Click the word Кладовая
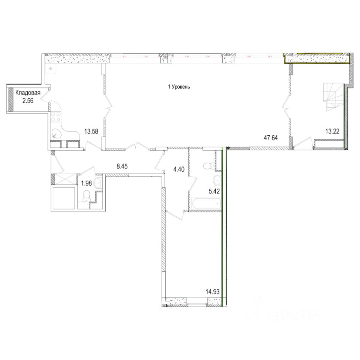pos(28,93)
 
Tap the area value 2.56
pos(28,101)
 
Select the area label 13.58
pos(91,132)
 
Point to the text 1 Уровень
pos(179,87)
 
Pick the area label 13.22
pos(332,131)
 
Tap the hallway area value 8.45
pos(122,166)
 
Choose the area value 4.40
pos(179,169)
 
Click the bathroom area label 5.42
pos(214,191)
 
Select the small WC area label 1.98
pos(87,183)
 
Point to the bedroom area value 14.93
pos(213,292)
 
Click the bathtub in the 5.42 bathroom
pos(206,203)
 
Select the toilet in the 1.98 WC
pos(87,195)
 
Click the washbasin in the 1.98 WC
pos(98,183)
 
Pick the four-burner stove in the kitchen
pos(55,116)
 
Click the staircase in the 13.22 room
pos(333,97)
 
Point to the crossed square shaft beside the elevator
pos(65,179)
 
